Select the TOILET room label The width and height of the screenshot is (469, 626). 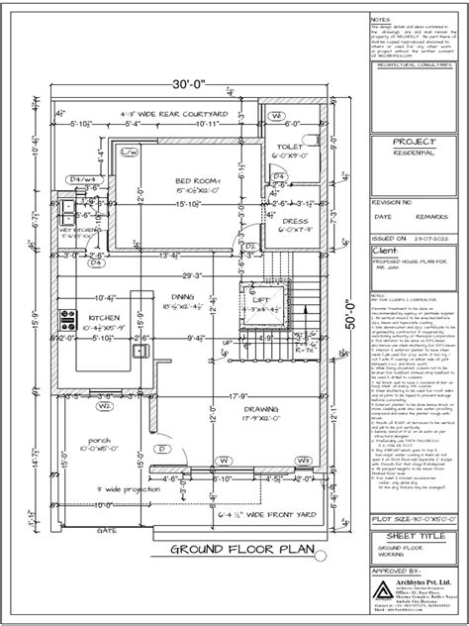pyautogui.click(x=289, y=146)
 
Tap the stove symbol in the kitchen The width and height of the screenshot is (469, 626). pyautogui.click(x=70, y=321)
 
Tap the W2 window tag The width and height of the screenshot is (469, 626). pyautogui.click(x=103, y=377)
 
